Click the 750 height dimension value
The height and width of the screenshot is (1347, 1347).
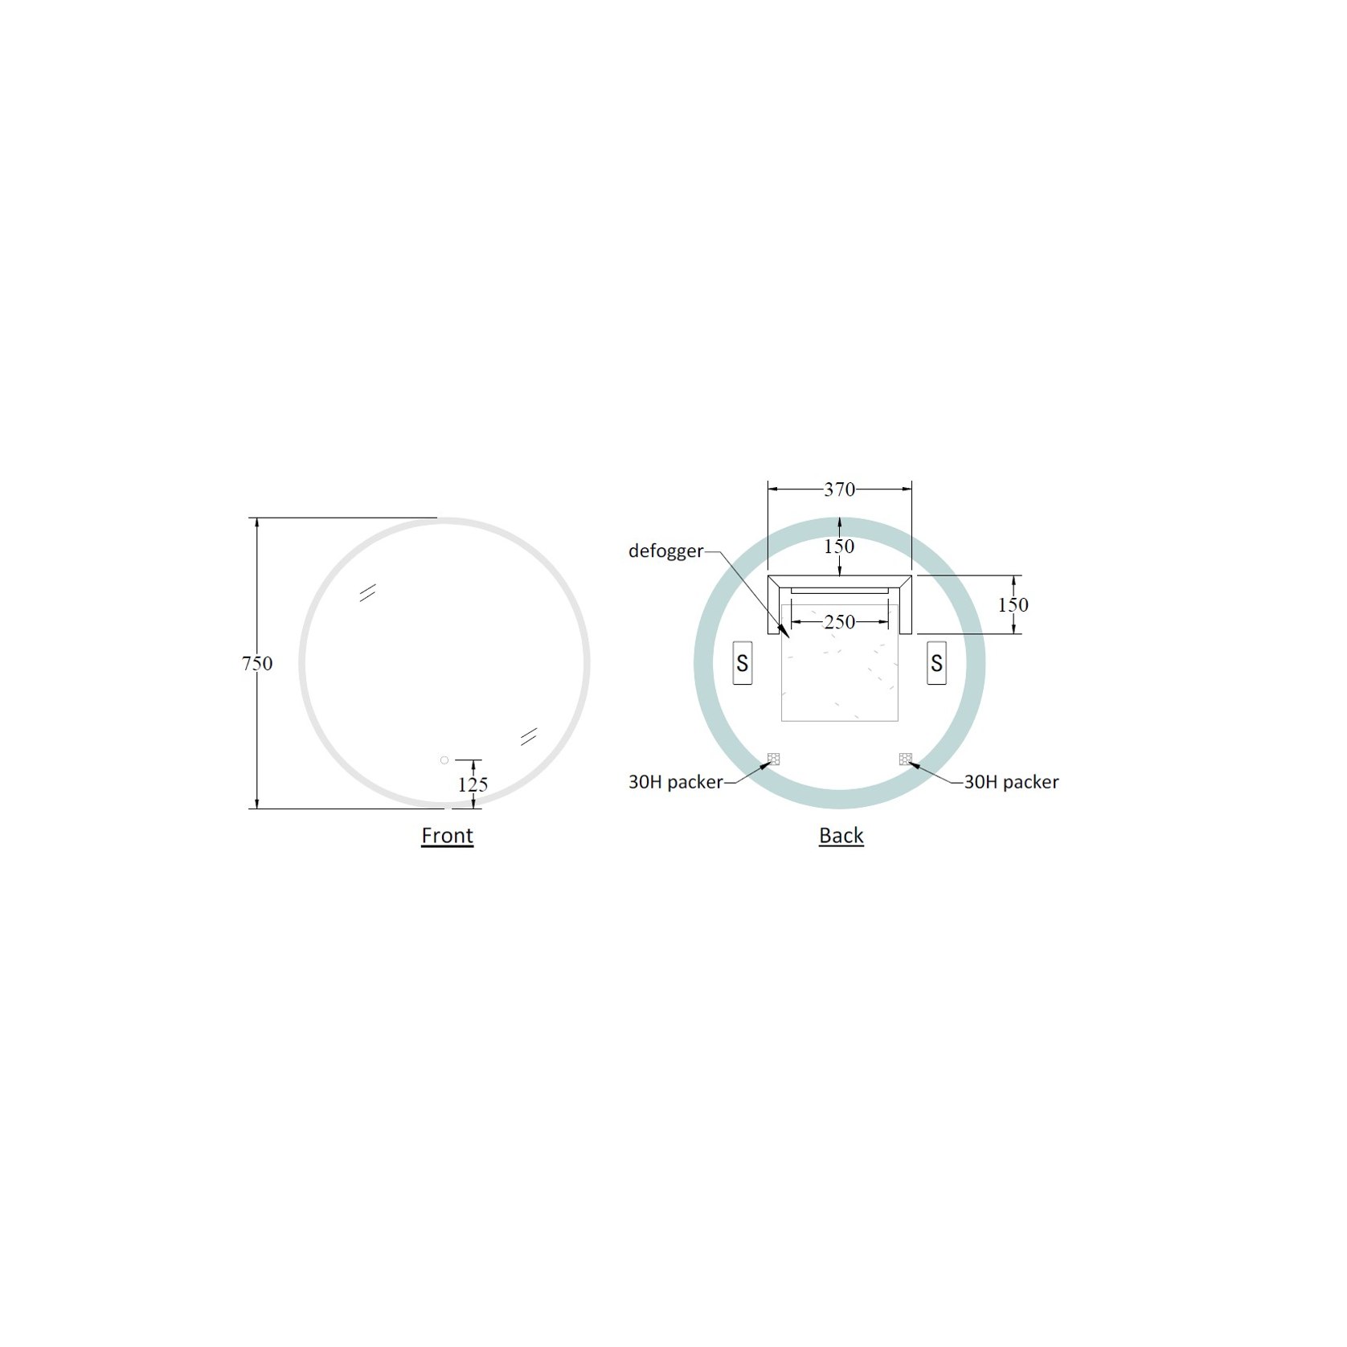click(257, 664)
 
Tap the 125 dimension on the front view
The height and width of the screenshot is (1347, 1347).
click(473, 784)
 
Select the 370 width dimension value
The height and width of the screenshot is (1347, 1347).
click(839, 489)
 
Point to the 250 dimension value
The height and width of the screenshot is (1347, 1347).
click(839, 622)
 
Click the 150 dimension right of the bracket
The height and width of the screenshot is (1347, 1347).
click(1013, 605)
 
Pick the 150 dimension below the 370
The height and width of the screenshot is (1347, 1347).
click(839, 547)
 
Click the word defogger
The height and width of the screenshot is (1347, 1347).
click(665, 551)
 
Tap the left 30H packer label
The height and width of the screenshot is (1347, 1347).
click(675, 782)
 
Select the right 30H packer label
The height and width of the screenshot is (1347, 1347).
click(1011, 782)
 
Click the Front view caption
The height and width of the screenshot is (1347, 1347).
click(447, 836)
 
